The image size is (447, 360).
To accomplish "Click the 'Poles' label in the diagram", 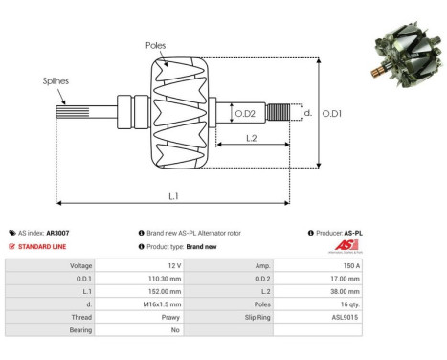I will tap(155, 44).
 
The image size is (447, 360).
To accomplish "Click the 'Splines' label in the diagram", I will tap(55, 81).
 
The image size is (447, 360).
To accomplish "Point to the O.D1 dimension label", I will tap(333, 114).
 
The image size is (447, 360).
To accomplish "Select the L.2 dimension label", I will tap(251, 138).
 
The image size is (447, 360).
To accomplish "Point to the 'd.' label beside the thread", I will tap(307, 113).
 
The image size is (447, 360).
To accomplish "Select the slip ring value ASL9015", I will tap(345, 315).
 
